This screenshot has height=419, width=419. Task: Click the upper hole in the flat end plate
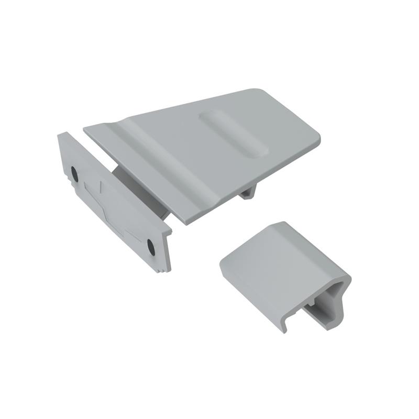click(74, 173)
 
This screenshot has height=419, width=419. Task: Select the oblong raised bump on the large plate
click(233, 134)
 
